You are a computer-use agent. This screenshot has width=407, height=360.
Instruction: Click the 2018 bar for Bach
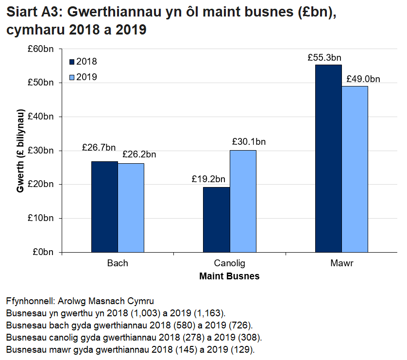pyautogui.click(x=104, y=207)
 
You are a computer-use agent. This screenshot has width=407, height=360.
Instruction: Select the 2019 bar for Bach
pyautogui.click(x=131, y=208)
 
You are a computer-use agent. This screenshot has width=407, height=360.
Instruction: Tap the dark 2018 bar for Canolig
pyautogui.click(x=216, y=220)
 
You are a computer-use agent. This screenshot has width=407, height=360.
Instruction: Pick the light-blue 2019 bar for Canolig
pyautogui.click(x=243, y=201)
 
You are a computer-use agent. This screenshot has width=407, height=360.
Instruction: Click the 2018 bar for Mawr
pyautogui.click(x=328, y=158)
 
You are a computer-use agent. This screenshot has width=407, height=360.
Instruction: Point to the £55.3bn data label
pyautogui.click(x=324, y=57)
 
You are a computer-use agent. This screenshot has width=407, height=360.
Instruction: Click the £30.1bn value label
pyautogui.click(x=249, y=142)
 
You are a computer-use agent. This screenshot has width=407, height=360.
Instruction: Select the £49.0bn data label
pyautogui.click(x=363, y=79)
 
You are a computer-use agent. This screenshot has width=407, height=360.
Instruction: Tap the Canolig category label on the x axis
pyautogui.click(x=230, y=264)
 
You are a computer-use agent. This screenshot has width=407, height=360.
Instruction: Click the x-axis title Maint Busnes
pyautogui.click(x=229, y=276)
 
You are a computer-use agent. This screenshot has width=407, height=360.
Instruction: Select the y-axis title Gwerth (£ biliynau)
pyautogui.click(x=20, y=151)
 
